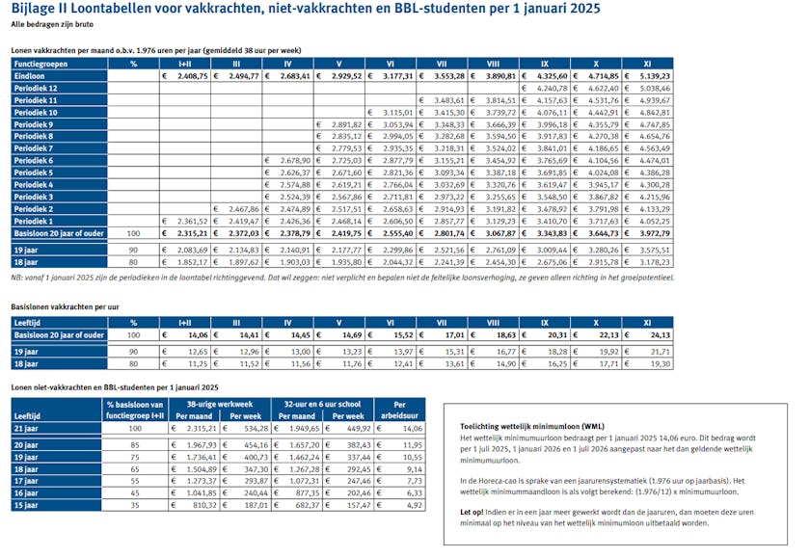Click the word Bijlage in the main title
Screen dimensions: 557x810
[x=32, y=10]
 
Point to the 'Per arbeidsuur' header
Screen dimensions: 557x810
[x=400, y=411]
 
